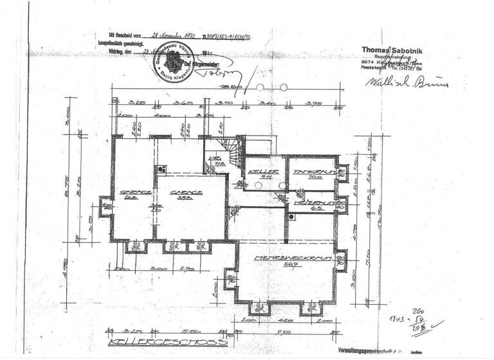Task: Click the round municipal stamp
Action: (172, 64)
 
